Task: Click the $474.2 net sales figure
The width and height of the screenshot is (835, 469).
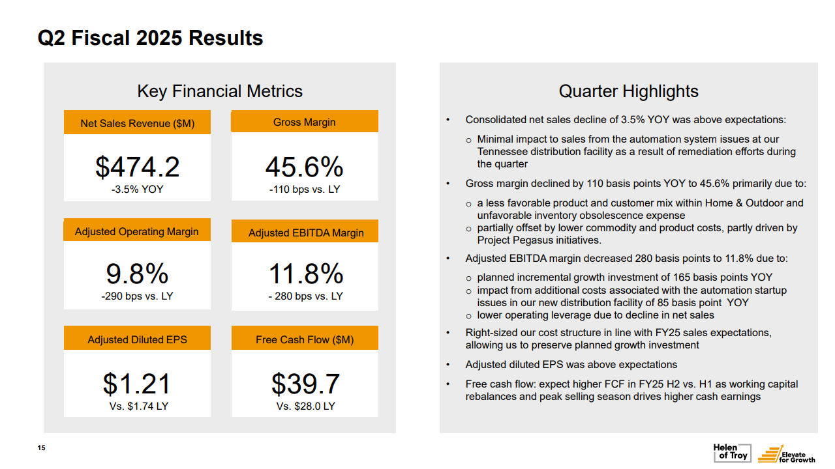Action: (137, 167)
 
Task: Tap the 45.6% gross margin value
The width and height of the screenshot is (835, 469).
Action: (304, 167)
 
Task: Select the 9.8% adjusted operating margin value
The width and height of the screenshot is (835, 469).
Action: (137, 274)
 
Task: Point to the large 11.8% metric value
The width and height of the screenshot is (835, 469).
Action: (305, 274)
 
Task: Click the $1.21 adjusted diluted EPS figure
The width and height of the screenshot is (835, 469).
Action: (137, 384)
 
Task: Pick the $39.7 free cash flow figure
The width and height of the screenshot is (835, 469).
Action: (305, 384)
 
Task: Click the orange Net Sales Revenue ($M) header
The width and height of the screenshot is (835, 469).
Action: (137, 123)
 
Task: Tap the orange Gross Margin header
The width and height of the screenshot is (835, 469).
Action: (305, 122)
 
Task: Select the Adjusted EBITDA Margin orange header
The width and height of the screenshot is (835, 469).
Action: (305, 233)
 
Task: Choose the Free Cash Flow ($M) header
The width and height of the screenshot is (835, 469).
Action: (305, 339)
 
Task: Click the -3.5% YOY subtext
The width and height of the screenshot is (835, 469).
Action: (137, 190)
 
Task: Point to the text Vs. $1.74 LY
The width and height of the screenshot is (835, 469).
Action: (137, 406)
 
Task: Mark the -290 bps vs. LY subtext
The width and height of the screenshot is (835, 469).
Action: (137, 296)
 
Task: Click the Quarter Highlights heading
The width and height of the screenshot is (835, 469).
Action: (628, 92)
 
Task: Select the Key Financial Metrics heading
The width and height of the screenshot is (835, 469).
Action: (220, 92)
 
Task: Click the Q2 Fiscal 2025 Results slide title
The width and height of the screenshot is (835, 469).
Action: (151, 38)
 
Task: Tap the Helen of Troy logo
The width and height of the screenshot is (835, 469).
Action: (731, 452)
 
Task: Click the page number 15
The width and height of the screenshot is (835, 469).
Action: (41, 448)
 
